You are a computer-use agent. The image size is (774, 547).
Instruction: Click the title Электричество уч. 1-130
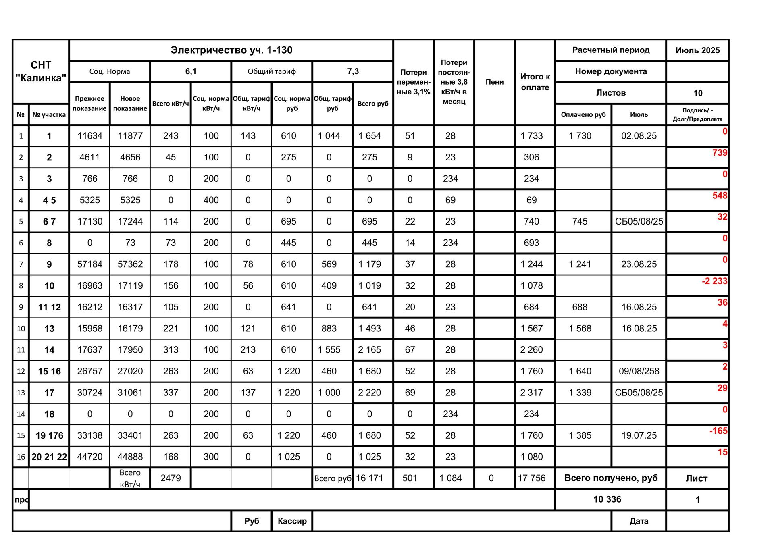(x=231, y=50)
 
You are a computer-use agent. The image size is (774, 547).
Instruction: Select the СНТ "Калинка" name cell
(x=41, y=72)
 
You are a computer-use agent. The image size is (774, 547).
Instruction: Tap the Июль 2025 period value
(x=697, y=50)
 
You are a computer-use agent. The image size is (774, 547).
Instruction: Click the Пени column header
(x=494, y=82)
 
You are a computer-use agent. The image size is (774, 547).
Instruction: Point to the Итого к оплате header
(x=535, y=82)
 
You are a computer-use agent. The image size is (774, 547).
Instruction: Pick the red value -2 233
(x=714, y=281)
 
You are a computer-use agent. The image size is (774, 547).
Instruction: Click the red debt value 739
(x=720, y=153)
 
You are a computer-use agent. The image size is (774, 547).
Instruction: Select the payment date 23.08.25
(x=639, y=264)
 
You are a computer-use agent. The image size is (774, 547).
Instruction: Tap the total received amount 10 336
(x=607, y=499)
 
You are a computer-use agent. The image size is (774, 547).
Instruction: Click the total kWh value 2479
(x=171, y=478)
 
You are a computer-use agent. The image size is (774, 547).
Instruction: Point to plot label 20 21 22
(x=49, y=457)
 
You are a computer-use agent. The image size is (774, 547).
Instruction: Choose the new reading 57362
(x=130, y=264)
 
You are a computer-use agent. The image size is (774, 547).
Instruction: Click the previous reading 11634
(x=89, y=136)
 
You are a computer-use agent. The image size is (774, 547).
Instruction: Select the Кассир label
(x=292, y=521)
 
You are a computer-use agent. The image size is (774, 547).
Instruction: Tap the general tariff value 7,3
(x=353, y=71)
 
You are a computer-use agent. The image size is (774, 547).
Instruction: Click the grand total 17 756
(x=531, y=478)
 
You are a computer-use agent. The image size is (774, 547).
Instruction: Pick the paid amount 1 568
(x=580, y=329)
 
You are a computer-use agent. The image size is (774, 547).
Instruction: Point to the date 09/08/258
(x=639, y=371)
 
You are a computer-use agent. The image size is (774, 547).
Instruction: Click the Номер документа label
(x=611, y=71)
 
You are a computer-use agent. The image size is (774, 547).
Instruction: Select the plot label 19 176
(x=49, y=435)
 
